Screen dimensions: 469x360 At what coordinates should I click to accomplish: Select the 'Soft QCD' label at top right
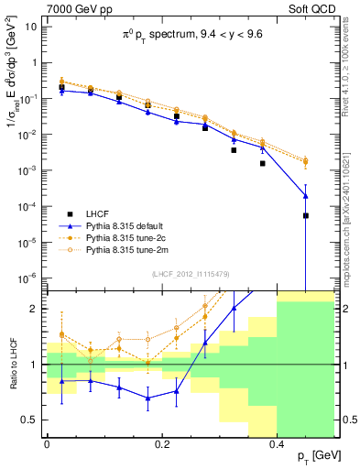(x=309, y=7)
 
